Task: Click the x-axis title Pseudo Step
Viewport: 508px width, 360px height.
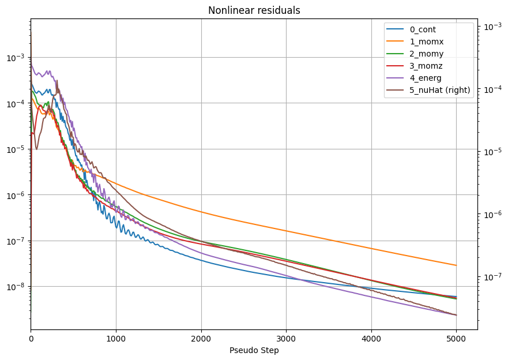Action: click(x=254, y=350)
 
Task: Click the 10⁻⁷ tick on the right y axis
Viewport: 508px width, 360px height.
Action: click(x=491, y=277)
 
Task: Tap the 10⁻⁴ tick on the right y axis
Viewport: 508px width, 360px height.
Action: click(x=491, y=89)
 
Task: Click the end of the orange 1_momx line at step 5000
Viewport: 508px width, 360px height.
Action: click(x=456, y=265)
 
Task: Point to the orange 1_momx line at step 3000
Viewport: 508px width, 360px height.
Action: click(x=286, y=231)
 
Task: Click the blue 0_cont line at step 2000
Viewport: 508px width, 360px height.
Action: click(x=201, y=260)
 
